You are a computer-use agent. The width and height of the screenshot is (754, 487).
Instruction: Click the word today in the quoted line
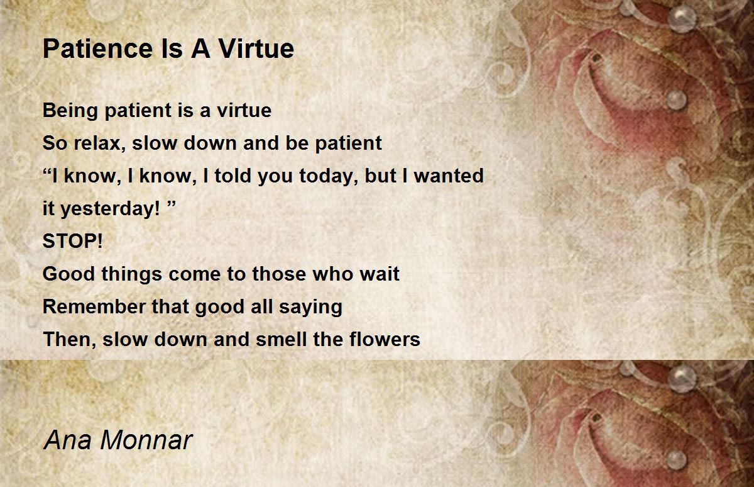click(x=325, y=176)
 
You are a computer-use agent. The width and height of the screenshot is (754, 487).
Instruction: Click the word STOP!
click(x=72, y=242)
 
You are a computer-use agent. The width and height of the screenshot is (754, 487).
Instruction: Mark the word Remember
click(x=94, y=307)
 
